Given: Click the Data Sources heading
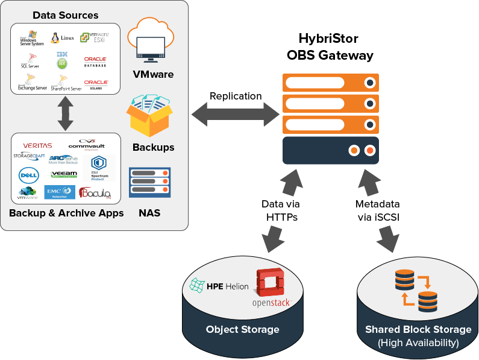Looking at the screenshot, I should (65, 15).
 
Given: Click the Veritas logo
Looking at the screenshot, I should (37, 145).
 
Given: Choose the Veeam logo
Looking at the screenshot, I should (64, 174).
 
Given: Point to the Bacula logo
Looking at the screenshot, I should (95, 192).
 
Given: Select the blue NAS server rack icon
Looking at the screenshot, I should (149, 183).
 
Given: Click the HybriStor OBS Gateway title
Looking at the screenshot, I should (329, 47).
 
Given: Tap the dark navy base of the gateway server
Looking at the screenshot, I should (330, 150).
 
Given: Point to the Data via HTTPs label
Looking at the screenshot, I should (280, 210).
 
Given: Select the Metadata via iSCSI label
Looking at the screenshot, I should (377, 210).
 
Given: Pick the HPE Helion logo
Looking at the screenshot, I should (219, 286).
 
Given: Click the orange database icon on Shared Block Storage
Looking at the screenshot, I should (415, 289).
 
